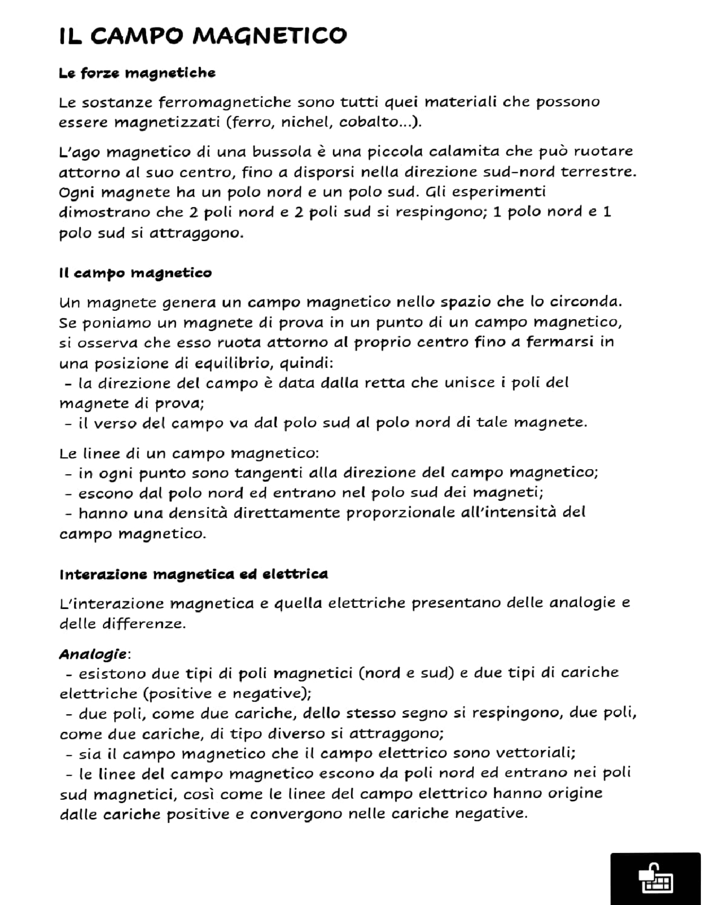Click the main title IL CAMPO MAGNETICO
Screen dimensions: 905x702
click(x=203, y=36)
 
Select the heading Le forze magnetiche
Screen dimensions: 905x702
click(x=137, y=73)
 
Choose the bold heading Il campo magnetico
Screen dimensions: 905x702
click(x=135, y=273)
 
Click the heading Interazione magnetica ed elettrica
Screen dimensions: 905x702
click(x=194, y=574)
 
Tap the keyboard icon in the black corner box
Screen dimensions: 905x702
click(x=655, y=879)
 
